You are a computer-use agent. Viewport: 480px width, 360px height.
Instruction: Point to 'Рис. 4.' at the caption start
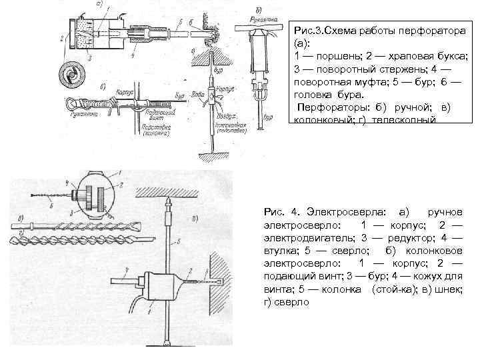279,211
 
